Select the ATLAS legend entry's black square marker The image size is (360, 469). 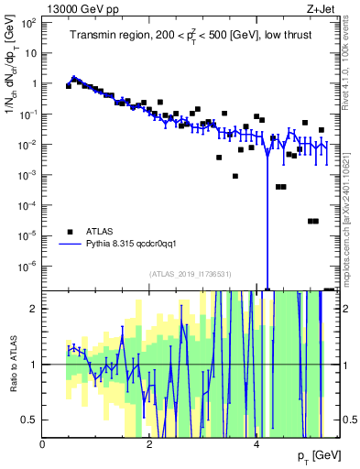(69, 232)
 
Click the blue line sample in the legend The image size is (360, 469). (70, 245)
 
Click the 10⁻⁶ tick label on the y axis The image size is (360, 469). (27, 266)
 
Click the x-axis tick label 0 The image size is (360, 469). (42, 444)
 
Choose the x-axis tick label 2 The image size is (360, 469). (150, 444)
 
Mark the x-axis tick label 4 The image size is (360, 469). (257, 444)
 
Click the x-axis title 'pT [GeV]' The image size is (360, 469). (311, 456)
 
